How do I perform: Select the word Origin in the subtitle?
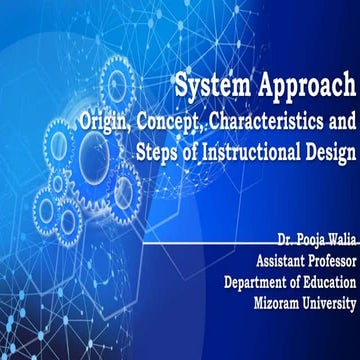[x=107, y=122]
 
